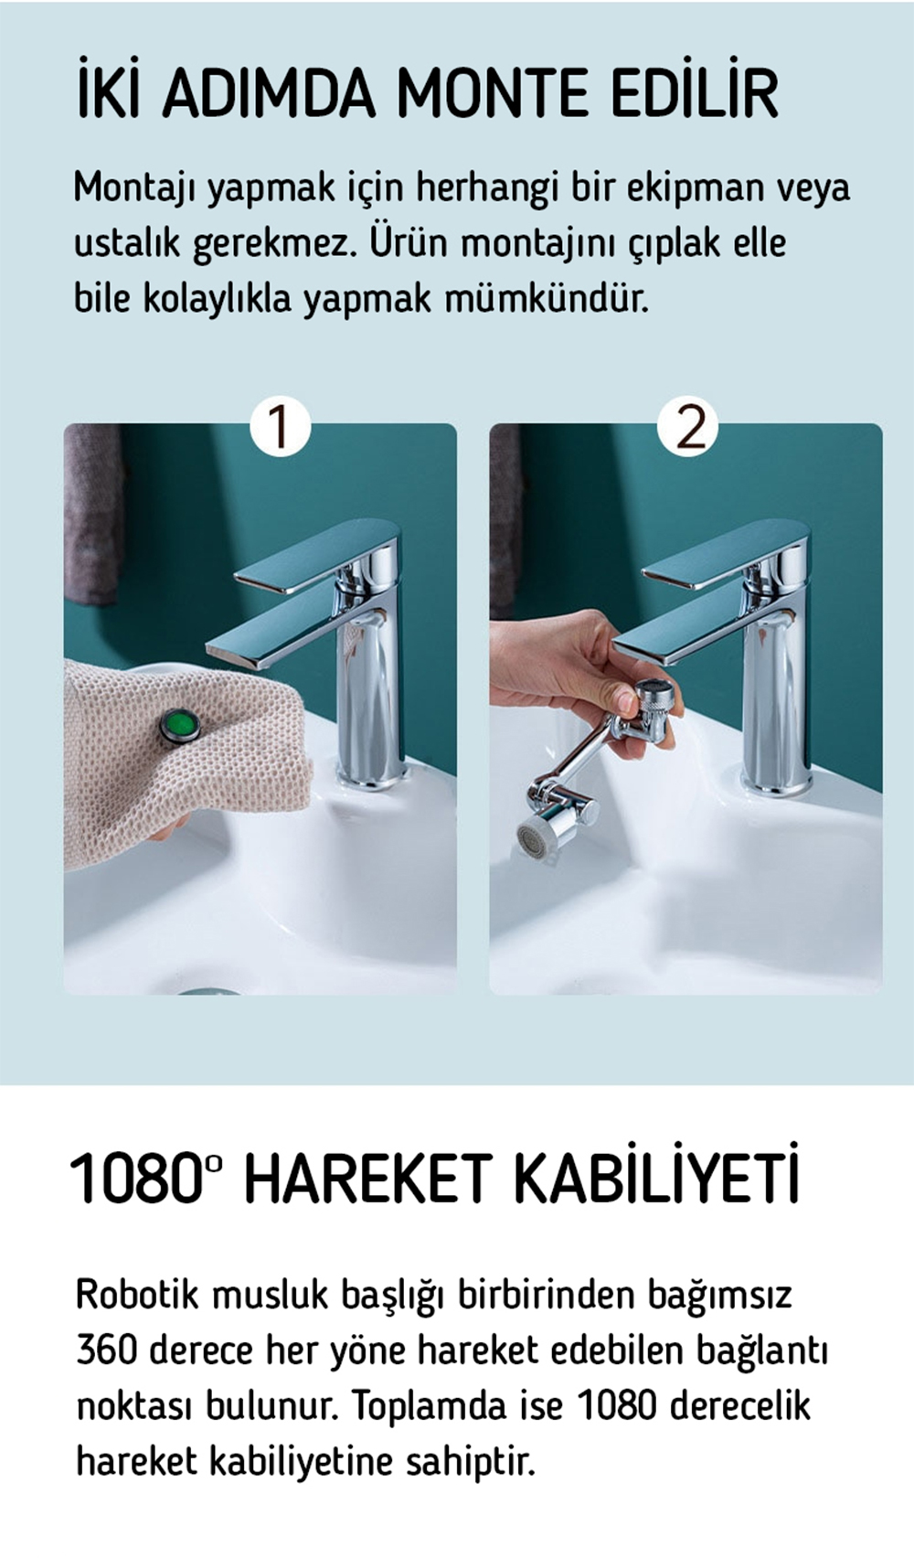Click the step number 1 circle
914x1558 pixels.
coord(280,426)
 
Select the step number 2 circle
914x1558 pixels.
coord(687,426)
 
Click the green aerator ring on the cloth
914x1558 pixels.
coord(180,725)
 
